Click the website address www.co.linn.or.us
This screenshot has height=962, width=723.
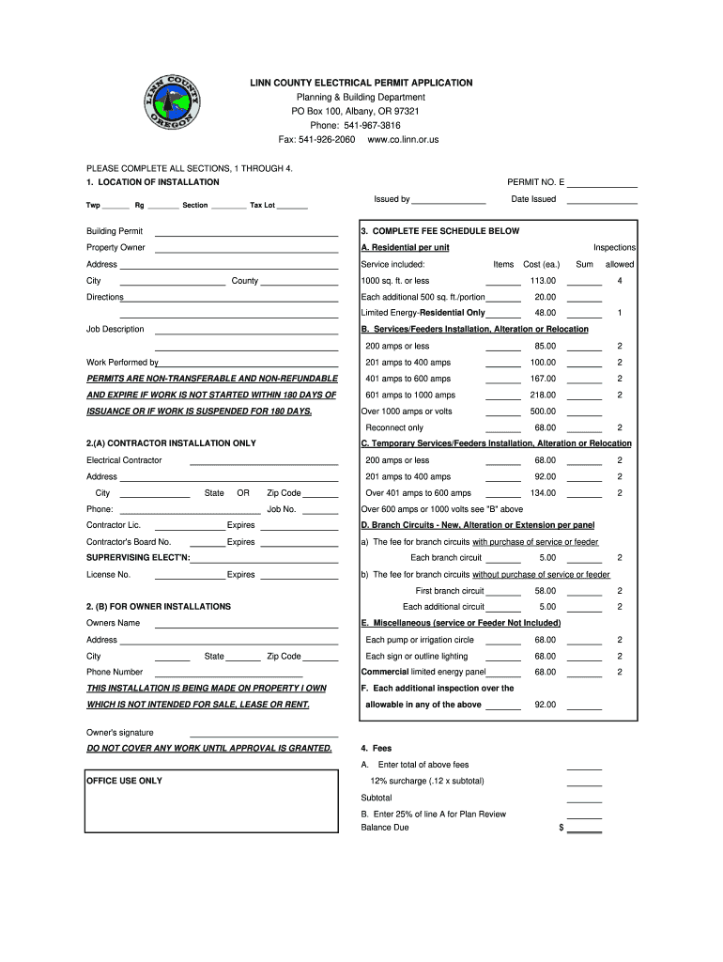point(403,140)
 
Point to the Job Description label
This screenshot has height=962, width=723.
point(115,330)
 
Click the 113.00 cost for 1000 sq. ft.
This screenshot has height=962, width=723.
point(543,281)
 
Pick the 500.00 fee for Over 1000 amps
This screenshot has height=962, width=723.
point(543,411)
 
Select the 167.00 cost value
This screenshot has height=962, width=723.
point(543,379)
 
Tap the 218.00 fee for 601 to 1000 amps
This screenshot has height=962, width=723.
point(543,396)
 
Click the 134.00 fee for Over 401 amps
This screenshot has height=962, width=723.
point(543,493)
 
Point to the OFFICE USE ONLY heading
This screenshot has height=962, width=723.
point(124,781)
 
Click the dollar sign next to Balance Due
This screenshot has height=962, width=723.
point(561,829)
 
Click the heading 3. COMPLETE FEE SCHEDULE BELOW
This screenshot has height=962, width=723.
point(439,231)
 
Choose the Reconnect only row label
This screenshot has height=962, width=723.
point(394,428)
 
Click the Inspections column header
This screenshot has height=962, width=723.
point(614,248)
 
